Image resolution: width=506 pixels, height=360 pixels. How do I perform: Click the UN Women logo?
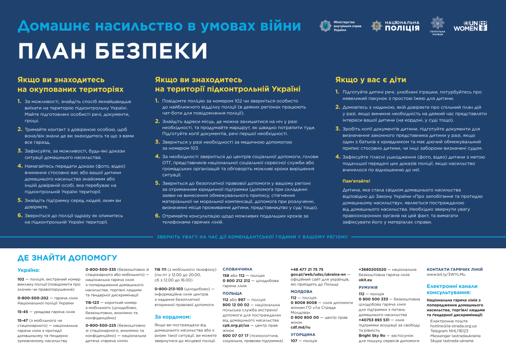click(x=471, y=26)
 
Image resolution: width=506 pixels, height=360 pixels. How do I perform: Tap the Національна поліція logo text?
click(x=403, y=26)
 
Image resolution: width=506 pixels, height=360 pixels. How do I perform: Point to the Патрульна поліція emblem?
click(x=437, y=23)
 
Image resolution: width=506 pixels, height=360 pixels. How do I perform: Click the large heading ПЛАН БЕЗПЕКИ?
click(x=113, y=52)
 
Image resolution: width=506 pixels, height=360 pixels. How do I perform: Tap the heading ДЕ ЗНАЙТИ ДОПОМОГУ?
click(x=60, y=258)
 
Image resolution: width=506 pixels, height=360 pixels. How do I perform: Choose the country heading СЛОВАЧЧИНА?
click(x=237, y=269)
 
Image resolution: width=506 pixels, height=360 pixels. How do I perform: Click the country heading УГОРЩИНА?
click(x=303, y=335)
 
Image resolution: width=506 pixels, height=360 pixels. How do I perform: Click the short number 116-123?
click(x=94, y=302)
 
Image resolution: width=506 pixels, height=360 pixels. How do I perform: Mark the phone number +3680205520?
click(x=376, y=269)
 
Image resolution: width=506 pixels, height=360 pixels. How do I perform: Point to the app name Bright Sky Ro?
click(x=374, y=335)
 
